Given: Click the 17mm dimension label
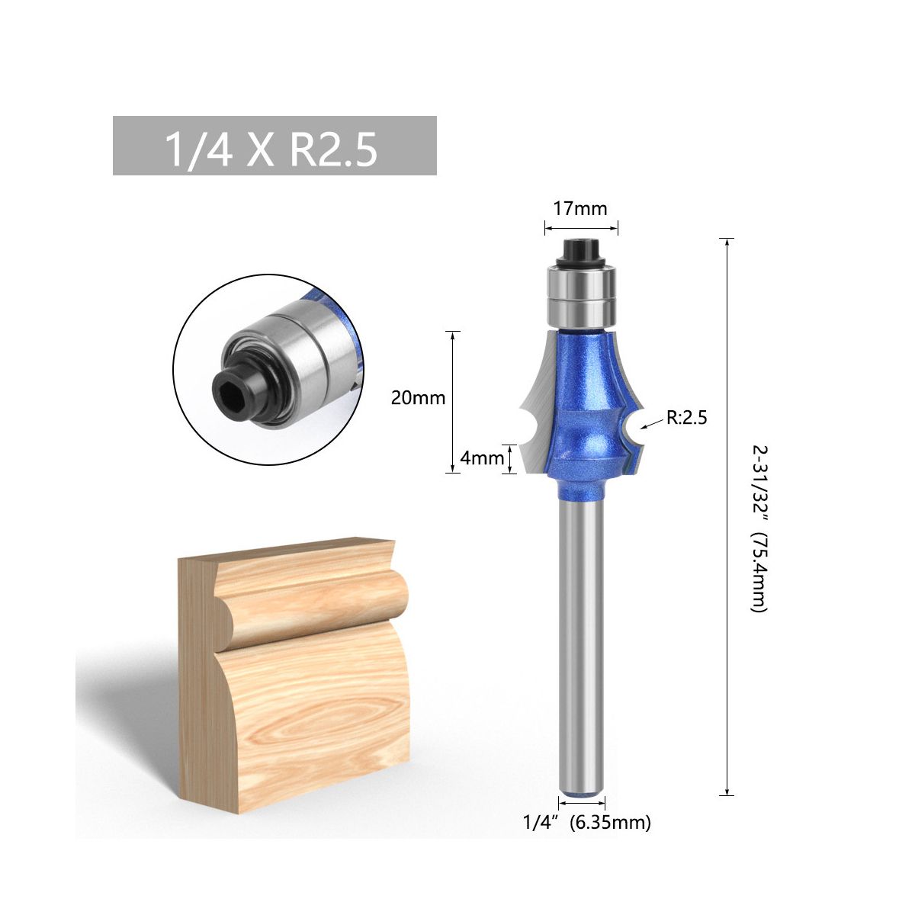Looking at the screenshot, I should [x=580, y=208].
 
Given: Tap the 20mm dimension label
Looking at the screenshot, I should [x=418, y=398].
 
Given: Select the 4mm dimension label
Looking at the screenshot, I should [x=482, y=458].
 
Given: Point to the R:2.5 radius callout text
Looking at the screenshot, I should [x=686, y=417].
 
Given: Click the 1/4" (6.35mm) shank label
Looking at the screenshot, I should [x=586, y=823].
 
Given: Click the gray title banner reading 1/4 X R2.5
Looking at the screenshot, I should [x=274, y=146].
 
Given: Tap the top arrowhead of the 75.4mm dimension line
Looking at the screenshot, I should [x=728, y=242].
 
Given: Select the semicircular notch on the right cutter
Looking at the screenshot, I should [x=631, y=428].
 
